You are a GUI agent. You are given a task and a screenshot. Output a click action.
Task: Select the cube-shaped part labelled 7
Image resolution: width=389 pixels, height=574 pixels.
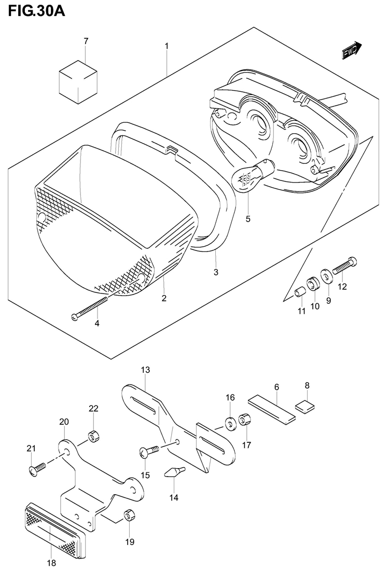[x=78, y=80]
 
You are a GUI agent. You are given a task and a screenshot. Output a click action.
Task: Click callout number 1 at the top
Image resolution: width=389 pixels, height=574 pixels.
[x=166, y=47]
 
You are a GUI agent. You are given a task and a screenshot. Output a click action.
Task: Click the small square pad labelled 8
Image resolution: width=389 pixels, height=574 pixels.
[x=305, y=405]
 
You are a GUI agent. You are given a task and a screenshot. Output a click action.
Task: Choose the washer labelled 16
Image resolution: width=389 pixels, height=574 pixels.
[x=230, y=425]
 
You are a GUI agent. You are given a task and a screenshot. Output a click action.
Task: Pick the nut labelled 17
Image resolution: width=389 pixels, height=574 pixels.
[x=244, y=419]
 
